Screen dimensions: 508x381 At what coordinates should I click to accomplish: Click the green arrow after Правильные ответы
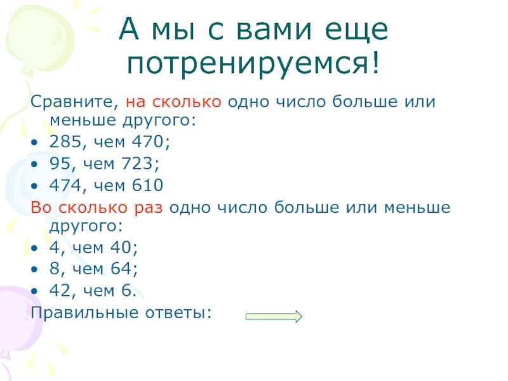pyautogui.click(x=274, y=316)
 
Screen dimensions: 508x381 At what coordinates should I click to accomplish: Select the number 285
pyautogui.click(x=65, y=142)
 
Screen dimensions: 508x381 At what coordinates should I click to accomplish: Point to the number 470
pyautogui.click(x=148, y=142)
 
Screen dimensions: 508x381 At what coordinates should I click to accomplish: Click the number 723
pyautogui.click(x=137, y=163)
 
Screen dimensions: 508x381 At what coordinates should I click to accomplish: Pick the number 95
pyautogui.click(x=60, y=163)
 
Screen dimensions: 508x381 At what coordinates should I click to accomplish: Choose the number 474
pyautogui.click(x=65, y=185)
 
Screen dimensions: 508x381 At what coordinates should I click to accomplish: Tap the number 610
pyautogui.click(x=148, y=185)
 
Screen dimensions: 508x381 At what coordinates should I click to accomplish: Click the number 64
pyautogui.click(x=121, y=269)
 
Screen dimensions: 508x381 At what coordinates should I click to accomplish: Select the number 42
pyautogui.click(x=60, y=290)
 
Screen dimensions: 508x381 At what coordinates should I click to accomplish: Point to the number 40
pyautogui.click(x=121, y=248)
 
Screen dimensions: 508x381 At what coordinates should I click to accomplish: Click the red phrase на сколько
pyautogui.click(x=173, y=102)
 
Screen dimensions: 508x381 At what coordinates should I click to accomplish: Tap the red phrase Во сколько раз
pyautogui.click(x=97, y=208)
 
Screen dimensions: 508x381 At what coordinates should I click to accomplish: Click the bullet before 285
pyautogui.click(x=34, y=142)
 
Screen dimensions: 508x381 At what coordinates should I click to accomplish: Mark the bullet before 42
pyautogui.click(x=34, y=291)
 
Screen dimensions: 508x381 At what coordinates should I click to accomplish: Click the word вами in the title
pyautogui.click(x=274, y=30)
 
